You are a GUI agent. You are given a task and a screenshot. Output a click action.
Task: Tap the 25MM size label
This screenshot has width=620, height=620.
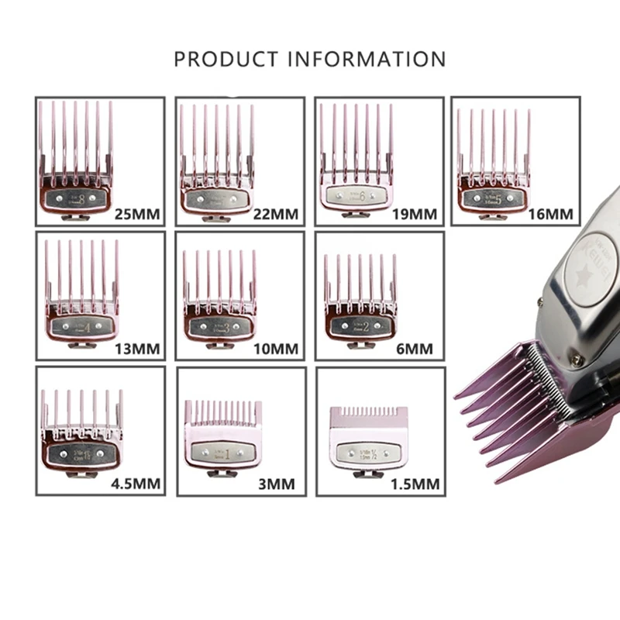point(136,214)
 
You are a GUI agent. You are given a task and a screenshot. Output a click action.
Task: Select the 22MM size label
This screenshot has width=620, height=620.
point(275,214)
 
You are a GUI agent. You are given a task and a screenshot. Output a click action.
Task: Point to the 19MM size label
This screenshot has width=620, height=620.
point(415,214)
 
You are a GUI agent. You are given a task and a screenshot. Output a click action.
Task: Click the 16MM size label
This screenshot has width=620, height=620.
point(551,213)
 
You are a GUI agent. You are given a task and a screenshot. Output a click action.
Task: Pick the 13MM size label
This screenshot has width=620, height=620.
point(136,349)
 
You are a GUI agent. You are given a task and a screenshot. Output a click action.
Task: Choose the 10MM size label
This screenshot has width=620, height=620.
point(275,349)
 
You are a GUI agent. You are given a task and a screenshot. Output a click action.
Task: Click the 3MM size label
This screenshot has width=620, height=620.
point(277,485)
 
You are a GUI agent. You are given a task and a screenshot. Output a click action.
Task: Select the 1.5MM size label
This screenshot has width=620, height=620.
point(415,485)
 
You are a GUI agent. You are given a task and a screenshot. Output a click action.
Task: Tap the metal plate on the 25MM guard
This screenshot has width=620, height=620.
point(74,198)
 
